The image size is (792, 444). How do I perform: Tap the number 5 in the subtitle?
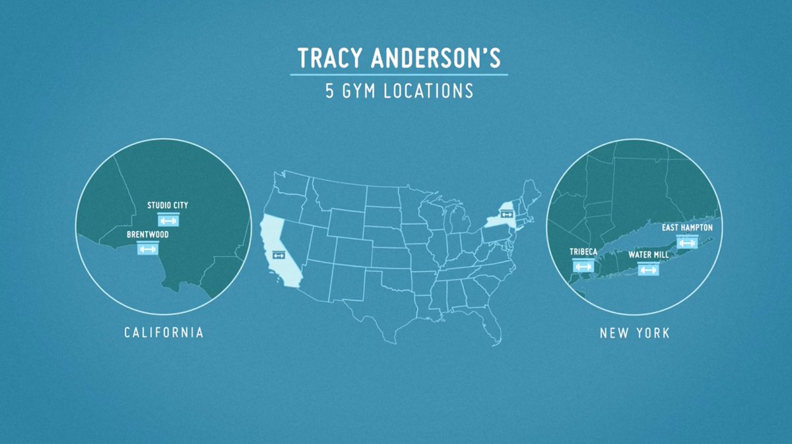point(330,91)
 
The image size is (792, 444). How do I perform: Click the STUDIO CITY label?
point(168,205)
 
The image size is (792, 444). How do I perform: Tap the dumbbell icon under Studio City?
point(168,220)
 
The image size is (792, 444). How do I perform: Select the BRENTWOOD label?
point(148,234)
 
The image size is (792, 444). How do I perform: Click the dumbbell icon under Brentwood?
point(147,249)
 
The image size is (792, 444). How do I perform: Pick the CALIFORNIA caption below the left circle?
point(164,333)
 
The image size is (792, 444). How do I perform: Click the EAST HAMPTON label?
point(687,228)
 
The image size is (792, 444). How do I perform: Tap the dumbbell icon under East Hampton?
point(687,242)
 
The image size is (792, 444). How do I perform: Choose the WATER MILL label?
point(647,255)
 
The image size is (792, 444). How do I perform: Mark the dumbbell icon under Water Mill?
point(648,269)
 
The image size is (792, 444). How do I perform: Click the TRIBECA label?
point(583,252)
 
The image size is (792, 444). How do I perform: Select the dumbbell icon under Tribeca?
point(583,267)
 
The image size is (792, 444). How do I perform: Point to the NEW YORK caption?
point(634,333)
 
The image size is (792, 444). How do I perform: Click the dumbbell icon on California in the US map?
point(278,255)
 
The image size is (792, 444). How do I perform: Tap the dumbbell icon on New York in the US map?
point(508,214)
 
